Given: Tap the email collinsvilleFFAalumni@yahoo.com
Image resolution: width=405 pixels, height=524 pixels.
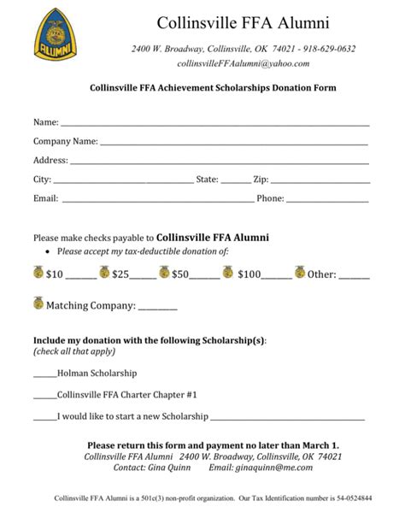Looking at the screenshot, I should [x=243, y=63].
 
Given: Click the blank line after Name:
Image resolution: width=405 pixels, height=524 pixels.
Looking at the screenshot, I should [x=214, y=125].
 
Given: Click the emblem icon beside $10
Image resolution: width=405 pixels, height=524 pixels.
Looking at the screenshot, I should [x=38, y=274].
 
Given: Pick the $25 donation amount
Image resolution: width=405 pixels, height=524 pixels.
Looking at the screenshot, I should [x=120, y=275].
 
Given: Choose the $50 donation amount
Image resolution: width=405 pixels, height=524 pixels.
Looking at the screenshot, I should [x=180, y=275].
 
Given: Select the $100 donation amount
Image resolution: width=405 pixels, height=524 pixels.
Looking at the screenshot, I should [x=249, y=275].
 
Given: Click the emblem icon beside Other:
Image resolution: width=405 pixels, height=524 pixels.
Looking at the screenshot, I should [x=300, y=274].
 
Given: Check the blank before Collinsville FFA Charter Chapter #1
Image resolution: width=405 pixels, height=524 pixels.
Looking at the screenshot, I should [x=44, y=397].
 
